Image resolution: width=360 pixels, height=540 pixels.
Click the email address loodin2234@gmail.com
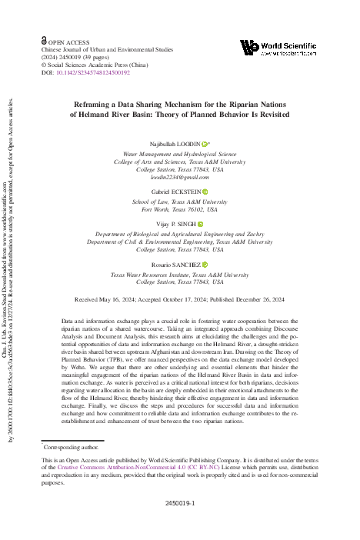point(178,177)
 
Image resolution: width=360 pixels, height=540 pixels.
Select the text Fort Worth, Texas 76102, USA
point(180,209)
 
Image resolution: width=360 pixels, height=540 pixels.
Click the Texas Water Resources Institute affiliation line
point(180,274)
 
